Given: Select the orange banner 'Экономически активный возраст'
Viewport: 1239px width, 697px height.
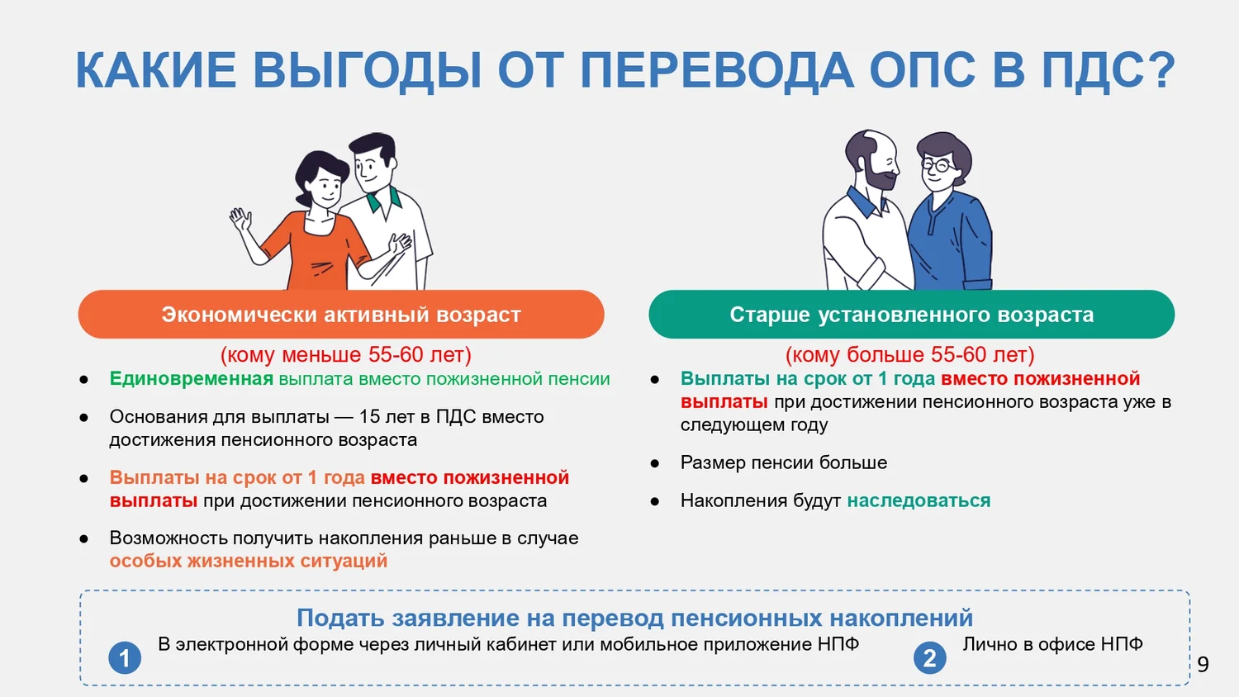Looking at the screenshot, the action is tap(340, 314).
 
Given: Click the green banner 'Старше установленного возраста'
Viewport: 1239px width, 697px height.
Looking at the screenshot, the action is tap(912, 314).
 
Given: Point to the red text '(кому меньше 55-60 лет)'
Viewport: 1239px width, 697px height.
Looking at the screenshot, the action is tap(346, 354).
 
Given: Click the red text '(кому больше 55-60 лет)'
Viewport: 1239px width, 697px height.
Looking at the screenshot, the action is tap(910, 354).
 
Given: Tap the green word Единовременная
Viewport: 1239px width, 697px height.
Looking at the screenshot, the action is tap(192, 379).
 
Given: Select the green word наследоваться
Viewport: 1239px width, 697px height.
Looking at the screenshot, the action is tap(919, 500).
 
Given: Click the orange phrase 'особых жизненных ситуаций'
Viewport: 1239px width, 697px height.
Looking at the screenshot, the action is tap(249, 561).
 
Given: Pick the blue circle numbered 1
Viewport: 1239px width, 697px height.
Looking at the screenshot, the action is tap(125, 657).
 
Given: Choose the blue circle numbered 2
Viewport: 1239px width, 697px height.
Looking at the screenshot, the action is tap(929, 657).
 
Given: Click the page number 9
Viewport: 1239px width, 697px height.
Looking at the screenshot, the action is tap(1203, 664).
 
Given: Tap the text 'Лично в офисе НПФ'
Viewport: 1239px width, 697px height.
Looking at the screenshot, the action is tap(1052, 644).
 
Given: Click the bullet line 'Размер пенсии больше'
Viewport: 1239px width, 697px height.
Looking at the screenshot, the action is tap(784, 462).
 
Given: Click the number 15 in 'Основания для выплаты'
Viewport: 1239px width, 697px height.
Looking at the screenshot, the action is tap(370, 416).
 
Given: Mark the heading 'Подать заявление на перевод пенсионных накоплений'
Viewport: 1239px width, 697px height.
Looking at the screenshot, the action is tap(634, 618).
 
